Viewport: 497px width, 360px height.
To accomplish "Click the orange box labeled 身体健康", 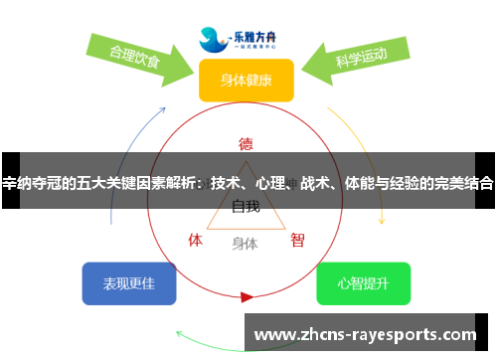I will click(x=246, y=80).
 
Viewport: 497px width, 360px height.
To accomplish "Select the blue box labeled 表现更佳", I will click(x=129, y=283).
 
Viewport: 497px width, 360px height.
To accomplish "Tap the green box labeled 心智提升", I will click(x=363, y=283).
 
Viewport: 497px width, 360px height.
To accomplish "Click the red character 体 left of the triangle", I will click(x=196, y=240).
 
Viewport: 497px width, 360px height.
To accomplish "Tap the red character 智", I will click(x=297, y=240).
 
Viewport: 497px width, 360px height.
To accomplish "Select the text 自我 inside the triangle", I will click(x=246, y=207).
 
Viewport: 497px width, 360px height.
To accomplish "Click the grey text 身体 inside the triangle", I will click(x=245, y=243).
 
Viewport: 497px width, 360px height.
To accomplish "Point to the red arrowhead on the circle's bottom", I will click(x=247, y=296).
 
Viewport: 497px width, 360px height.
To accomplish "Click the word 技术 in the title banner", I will click(x=226, y=183).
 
